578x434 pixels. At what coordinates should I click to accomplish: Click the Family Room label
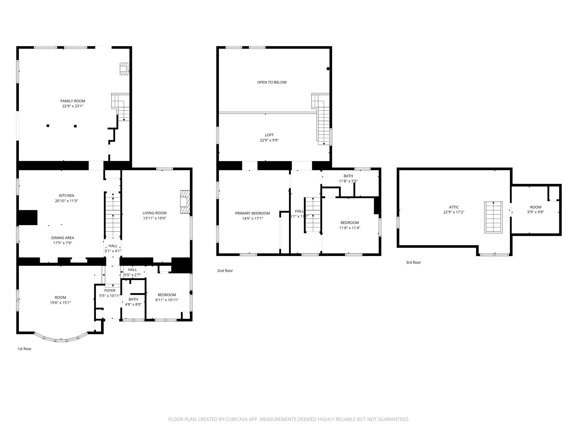(x=73, y=101)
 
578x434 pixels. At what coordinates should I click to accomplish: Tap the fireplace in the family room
(x=124, y=69)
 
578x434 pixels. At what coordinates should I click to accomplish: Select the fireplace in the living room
(x=185, y=202)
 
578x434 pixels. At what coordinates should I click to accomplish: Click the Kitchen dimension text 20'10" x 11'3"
(x=66, y=201)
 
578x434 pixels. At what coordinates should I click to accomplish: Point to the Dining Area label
(x=62, y=238)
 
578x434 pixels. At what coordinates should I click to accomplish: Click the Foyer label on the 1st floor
(x=110, y=290)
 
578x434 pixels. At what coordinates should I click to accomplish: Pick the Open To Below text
(x=272, y=83)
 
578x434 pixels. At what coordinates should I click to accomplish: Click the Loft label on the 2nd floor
(x=269, y=135)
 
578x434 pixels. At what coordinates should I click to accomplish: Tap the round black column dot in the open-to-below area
(x=328, y=69)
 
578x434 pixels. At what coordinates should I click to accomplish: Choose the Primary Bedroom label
(x=252, y=213)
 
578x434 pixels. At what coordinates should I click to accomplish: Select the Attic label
(x=454, y=207)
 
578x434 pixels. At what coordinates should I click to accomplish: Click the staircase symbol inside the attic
(x=493, y=217)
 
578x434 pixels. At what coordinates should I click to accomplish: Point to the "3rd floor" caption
(x=413, y=262)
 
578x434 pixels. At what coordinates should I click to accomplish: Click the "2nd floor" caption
(x=225, y=271)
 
